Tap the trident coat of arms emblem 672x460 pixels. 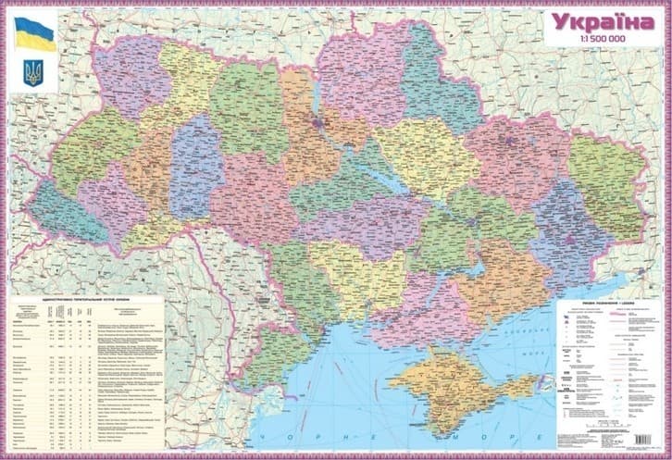(34, 73)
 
